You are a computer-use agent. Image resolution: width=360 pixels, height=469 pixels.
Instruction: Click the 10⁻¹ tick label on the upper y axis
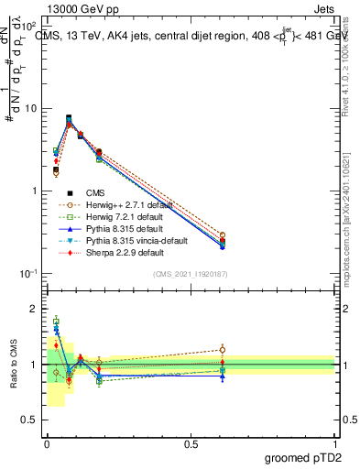(27, 274)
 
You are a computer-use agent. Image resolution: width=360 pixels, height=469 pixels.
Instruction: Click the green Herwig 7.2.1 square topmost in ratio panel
(56, 322)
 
